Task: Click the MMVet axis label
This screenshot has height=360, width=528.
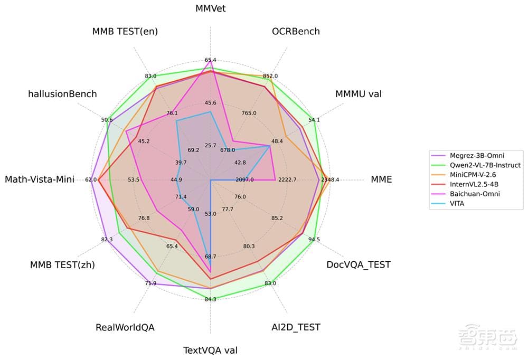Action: [x=210, y=8]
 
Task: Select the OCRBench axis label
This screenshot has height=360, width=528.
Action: [x=296, y=31]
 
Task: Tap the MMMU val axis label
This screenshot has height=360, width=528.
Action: [x=359, y=94]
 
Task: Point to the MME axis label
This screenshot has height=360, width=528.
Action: [x=381, y=179]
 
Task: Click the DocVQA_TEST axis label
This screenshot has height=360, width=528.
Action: [x=359, y=264]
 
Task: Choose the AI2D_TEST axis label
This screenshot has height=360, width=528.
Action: [x=292, y=327]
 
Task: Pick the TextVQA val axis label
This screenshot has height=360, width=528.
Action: [x=210, y=349]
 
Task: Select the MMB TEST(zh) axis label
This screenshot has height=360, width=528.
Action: [x=62, y=264]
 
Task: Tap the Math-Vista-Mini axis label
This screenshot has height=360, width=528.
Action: [x=40, y=179]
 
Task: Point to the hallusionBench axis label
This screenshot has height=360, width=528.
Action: [x=62, y=94]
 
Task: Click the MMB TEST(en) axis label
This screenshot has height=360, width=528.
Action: [x=125, y=31]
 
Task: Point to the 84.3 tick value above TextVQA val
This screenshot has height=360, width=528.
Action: [x=210, y=299]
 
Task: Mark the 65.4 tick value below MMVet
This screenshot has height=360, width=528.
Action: [x=210, y=60]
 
